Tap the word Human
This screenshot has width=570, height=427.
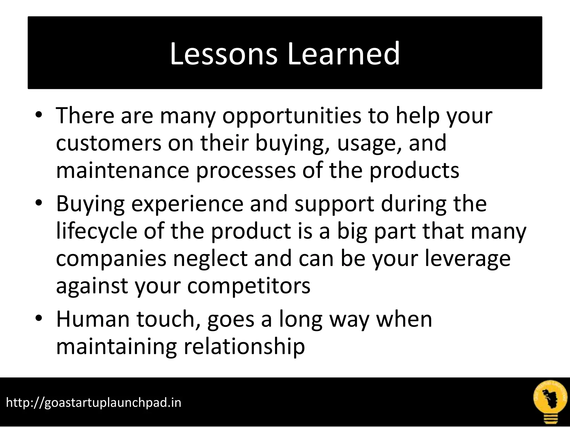pos(93,319)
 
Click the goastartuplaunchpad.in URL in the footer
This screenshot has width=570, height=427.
pos(94,403)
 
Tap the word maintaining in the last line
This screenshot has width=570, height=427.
pos(116,347)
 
